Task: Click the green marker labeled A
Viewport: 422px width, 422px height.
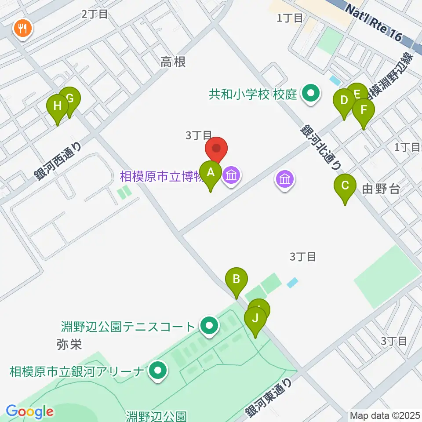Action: (x=211, y=172)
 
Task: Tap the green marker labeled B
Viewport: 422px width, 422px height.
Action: (x=236, y=279)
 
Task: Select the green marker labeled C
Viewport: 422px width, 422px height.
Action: (x=345, y=186)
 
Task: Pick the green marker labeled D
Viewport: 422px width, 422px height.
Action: (x=344, y=100)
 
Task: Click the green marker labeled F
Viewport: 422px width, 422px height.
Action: (x=364, y=109)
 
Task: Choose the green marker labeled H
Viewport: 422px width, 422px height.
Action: (x=58, y=106)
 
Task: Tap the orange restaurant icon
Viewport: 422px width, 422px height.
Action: (x=22, y=29)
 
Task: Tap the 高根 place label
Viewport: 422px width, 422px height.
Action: (x=173, y=62)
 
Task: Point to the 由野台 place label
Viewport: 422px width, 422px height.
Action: (x=381, y=189)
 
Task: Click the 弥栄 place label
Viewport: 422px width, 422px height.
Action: (x=69, y=343)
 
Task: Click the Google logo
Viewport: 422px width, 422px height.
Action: (x=29, y=411)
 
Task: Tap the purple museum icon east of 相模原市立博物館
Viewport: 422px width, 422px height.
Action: (x=285, y=179)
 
